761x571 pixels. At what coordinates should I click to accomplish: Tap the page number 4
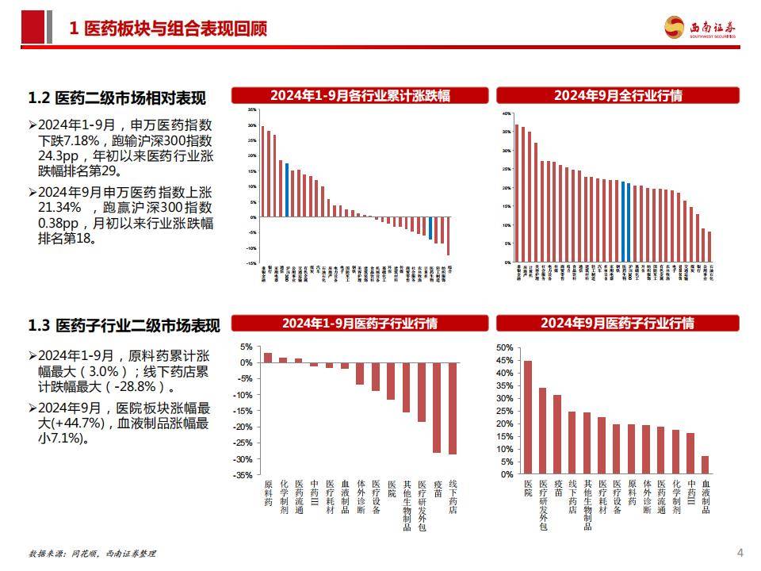(740, 552)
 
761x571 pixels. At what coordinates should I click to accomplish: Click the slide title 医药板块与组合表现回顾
(168, 29)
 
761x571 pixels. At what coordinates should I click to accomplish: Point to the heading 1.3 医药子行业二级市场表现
(124, 325)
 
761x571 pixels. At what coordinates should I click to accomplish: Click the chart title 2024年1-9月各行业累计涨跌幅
(360, 96)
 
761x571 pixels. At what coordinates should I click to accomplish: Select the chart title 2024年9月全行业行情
(618, 96)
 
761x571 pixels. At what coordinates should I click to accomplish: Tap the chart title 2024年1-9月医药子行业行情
(360, 324)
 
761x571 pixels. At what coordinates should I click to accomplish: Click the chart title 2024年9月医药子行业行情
(618, 324)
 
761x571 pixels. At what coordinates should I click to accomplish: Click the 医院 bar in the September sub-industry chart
(528, 417)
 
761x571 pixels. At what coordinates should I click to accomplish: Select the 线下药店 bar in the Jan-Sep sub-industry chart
(453, 408)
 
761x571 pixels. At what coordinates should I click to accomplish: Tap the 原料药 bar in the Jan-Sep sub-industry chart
(267, 358)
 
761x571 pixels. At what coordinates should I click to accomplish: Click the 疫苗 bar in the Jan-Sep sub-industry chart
(437, 408)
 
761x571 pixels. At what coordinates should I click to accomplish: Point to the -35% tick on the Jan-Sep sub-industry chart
(243, 475)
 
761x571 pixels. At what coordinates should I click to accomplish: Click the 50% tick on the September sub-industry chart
(505, 347)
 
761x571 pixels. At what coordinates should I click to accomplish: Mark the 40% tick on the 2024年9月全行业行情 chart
(507, 113)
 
